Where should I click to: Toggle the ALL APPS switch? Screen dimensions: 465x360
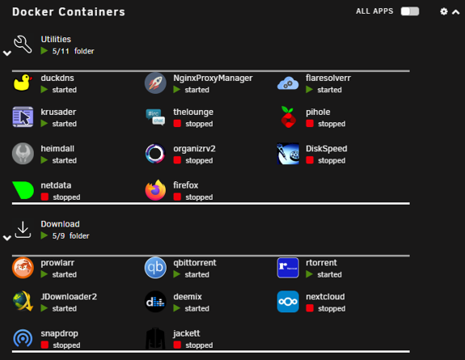click(409, 11)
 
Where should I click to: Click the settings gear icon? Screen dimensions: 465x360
click(444, 11)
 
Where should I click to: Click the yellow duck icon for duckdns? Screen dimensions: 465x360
click(23, 83)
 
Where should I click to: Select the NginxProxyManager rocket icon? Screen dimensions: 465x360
click(155, 83)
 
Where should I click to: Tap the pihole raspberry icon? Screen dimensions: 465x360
click(288, 117)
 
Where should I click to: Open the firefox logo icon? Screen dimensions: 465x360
click(155, 190)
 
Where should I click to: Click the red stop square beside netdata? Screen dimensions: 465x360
click(44, 197)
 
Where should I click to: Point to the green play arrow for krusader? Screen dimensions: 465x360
click(44, 124)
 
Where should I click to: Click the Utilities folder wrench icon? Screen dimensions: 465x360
click(23, 44)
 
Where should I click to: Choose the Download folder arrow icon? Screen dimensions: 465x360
click(23, 230)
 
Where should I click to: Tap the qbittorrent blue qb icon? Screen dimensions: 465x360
click(155, 268)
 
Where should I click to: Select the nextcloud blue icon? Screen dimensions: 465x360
click(288, 302)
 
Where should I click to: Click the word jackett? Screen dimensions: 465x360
click(187, 333)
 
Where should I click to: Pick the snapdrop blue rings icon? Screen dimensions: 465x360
click(23, 338)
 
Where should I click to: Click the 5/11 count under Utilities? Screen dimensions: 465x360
click(61, 51)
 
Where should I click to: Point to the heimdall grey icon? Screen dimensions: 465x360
click(23, 154)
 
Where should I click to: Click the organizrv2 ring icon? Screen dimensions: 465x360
click(155, 154)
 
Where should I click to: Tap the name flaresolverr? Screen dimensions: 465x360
click(328, 78)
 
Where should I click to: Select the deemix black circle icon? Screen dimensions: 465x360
click(155, 302)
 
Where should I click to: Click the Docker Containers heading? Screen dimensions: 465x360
click(69, 12)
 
